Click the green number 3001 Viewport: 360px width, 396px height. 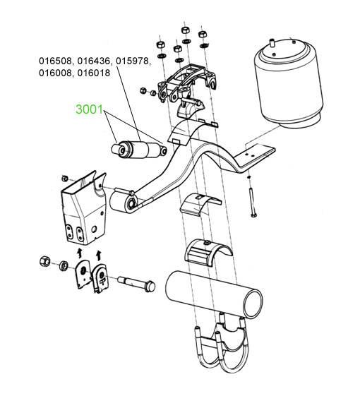click(x=90, y=109)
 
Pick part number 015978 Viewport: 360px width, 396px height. click(x=133, y=61)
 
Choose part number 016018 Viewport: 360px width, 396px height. click(x=94, y=73)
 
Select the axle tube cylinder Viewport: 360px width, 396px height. click(x=214, y=294)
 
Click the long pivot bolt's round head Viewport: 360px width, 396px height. click(x=150, y=286)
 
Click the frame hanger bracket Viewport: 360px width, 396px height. click(x=83, y=208)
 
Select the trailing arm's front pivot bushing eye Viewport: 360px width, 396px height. click(x=123, y=200)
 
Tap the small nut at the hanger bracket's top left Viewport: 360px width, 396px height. click(x=64, y=179)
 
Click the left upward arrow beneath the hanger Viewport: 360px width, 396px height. click(x=80, y=253)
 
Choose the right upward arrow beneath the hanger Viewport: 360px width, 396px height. click(x=99, y=255)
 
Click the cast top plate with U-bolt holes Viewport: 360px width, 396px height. click(x=187, y=83)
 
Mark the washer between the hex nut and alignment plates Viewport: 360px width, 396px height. click(x=64, y=266)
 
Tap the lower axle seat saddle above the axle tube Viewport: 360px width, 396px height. click(x=208, y=252)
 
